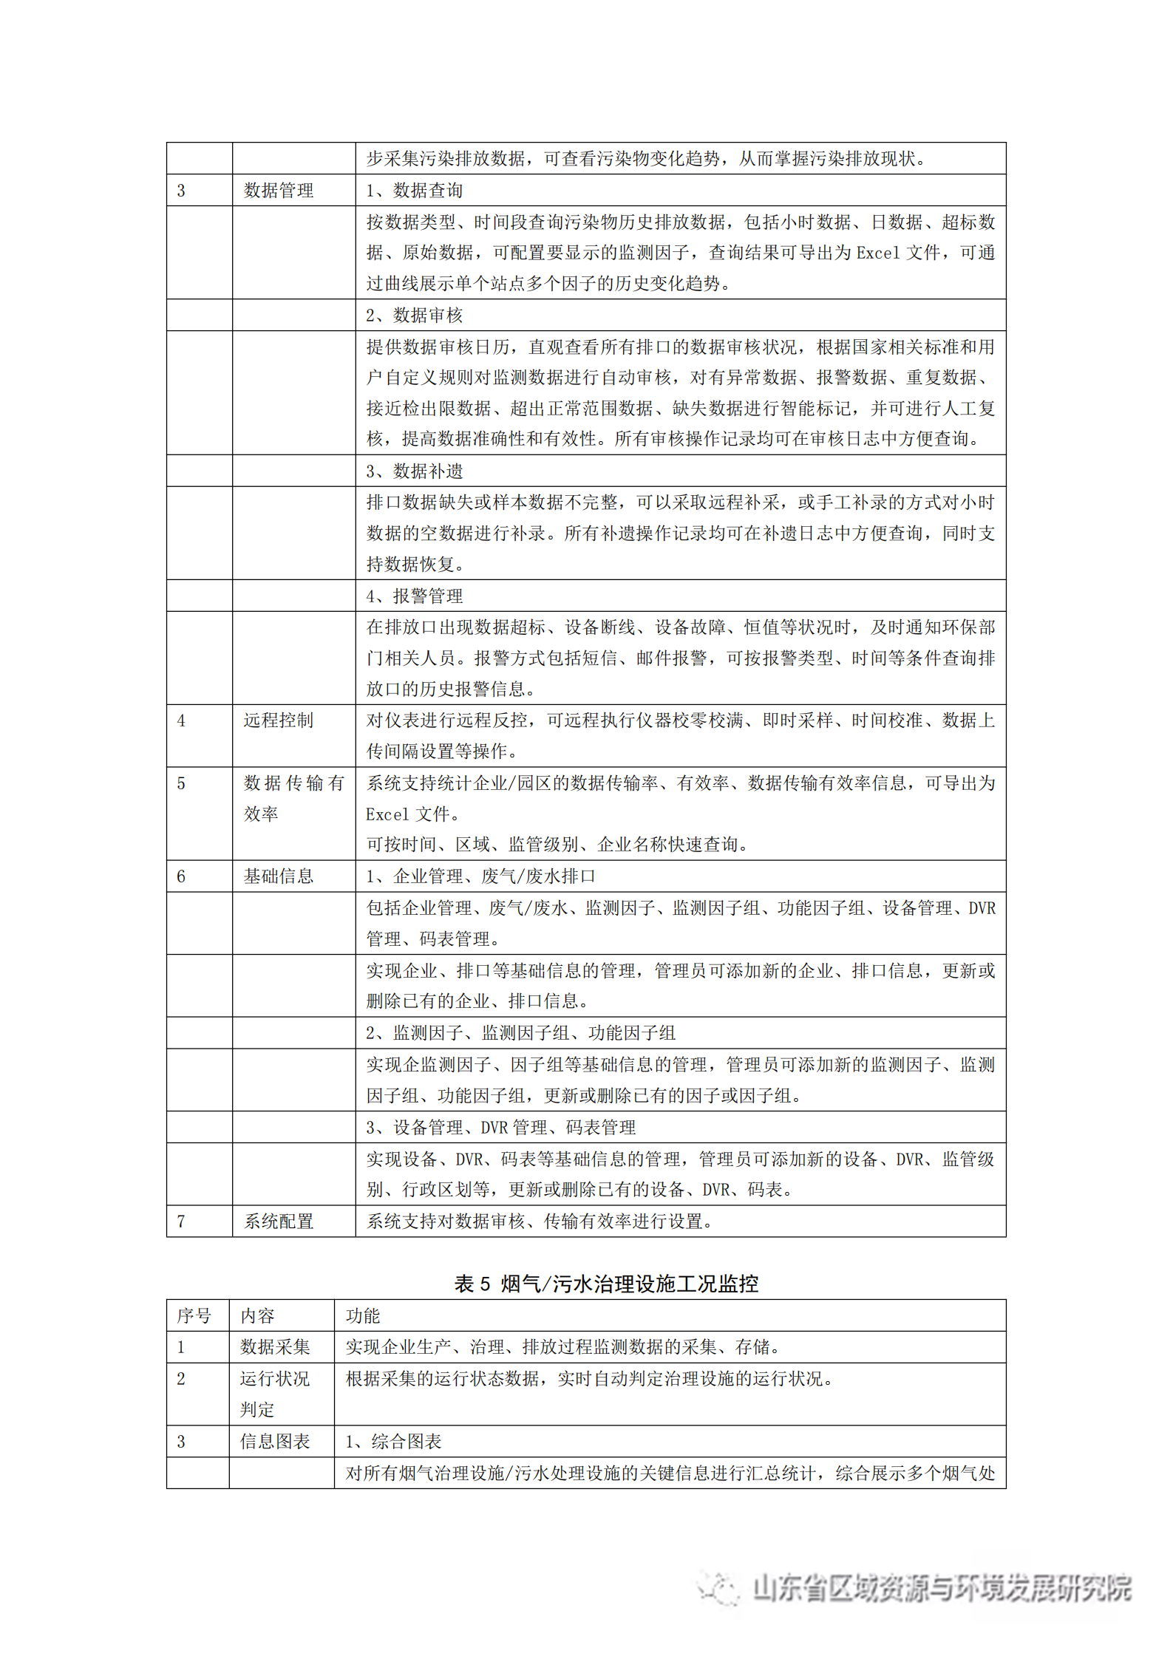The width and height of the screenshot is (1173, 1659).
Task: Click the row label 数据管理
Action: [x=279, y=191]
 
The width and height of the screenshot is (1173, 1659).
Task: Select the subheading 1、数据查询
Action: [x=414, y=191]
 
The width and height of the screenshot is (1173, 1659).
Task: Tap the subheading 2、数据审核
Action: [x=414, y=316]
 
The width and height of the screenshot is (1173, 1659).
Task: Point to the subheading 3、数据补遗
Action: [x=414, y=471]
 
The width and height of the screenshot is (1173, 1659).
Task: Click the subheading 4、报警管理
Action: [x=414, y=596]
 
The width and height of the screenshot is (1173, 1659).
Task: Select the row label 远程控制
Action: [x=279, y=721]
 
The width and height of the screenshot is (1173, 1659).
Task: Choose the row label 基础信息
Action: [x=279, y=876]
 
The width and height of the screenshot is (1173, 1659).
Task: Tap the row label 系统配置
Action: [x=279, y=1222]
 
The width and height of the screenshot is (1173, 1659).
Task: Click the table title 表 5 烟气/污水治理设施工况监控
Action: [x=606, y=1284]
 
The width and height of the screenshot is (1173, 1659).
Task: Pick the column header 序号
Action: [x=194, y=1316]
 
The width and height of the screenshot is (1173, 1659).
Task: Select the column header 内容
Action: [x=257, y=1316]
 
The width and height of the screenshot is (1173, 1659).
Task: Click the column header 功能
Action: [x=362, y=1316]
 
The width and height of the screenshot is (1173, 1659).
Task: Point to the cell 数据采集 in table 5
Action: [x=275, y=1347]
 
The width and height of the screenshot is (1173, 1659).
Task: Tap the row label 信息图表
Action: [x=275, y=1441]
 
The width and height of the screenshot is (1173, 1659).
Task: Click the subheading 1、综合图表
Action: [x=393, y=1441]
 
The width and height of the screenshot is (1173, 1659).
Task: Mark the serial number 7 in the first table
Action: [x=181, y=1222]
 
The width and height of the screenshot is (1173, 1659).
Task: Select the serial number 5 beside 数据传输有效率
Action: [x=181, y=783]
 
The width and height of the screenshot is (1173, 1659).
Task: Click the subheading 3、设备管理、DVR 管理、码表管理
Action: [x=500, y=1128]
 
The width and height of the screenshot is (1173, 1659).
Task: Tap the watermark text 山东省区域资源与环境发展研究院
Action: [x=941, y=1587]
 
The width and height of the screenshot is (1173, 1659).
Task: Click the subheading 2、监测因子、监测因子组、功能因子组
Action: [x=520, y=1033]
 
